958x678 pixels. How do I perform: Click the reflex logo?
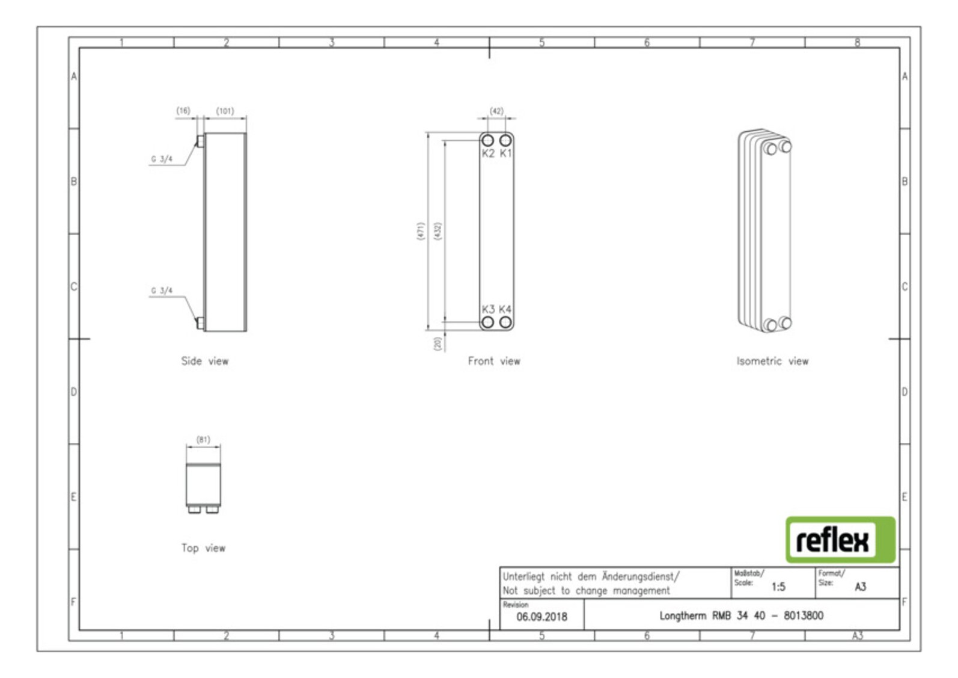click(x=840, y=539)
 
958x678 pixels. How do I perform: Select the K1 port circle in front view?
click(x=505, y=140)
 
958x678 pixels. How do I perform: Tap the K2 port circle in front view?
click(x=487, y=140)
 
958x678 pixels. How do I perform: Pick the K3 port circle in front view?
click(x=487, y=322)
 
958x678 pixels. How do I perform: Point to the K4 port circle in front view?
click(x=505, y=322)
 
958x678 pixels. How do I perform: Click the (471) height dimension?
click(x=420, y=231)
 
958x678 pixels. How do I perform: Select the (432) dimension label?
click(x=438, y=231)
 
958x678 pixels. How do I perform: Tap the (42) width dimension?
click(x=496, y=111)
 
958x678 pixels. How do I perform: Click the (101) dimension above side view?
click(x=225, y=111)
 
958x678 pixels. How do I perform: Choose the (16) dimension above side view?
click(x=183, y=110)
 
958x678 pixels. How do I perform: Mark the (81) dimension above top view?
click(x=203, y=439)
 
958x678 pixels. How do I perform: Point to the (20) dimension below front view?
click(x=438, y=344)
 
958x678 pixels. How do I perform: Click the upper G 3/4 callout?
click(x=162, y=159)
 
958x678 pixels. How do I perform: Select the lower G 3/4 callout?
click(x=162, y=291)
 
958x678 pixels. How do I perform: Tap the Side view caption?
click(x=205, y=361)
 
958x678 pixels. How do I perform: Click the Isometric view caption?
click(x=772, y=361)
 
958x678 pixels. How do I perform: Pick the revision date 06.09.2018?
click(x=542, y=617)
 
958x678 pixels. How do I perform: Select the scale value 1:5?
click(x=778, y=587)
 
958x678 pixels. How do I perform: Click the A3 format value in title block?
click(x=860, y=587)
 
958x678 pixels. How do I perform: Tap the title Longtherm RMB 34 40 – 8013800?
click(x=741, y=615)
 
